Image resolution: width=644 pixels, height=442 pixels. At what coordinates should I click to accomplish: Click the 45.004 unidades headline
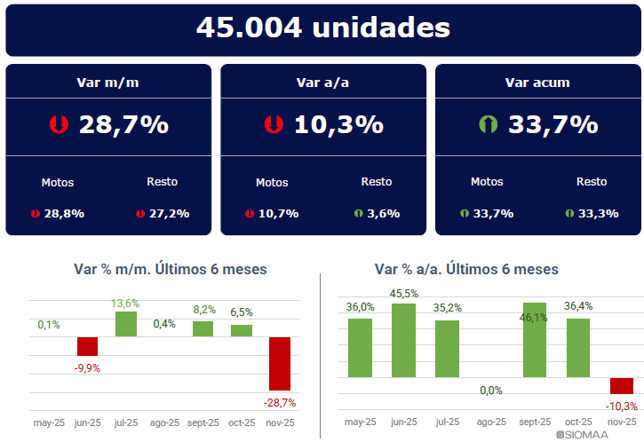[x=322, y=28]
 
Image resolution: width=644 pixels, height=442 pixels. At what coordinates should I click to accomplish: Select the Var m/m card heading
[x=108, y=83]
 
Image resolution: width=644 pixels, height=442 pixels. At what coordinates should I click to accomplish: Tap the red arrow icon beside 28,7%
[x=60, y=125]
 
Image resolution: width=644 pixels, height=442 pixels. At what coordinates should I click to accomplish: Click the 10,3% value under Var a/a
[x=338, y=125]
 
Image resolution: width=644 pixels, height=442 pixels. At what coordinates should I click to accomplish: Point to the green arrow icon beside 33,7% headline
[x=488, y=125]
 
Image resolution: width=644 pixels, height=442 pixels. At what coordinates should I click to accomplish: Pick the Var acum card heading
[x=537, y=83]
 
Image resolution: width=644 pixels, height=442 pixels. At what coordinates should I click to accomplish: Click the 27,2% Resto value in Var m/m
[x=168, y=213]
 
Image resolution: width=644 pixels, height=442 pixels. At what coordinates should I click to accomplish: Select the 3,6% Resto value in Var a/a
[x=383, y=213]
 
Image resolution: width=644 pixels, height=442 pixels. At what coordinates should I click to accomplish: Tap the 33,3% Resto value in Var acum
[x=597, y=213]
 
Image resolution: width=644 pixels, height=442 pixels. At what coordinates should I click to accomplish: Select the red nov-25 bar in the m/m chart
[x=280, y=363]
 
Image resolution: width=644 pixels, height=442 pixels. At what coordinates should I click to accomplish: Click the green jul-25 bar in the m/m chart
[x=126, y=324]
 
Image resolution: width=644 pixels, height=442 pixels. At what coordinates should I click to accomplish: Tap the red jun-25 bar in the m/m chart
[x=87, y=346]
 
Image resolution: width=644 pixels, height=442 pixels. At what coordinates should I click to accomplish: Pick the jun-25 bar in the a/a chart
[x=404, y=340]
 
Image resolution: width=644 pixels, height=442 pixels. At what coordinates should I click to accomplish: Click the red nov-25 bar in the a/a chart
[x=622, y=385]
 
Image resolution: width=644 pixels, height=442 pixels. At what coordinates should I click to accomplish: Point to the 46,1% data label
[x=535, y=318]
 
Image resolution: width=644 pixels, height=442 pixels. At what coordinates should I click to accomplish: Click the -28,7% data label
[x=280, y=402]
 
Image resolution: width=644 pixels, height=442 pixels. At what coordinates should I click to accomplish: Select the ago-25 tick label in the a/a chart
[x=491, y=422]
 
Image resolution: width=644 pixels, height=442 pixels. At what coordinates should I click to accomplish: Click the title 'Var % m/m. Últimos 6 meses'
[x=170, y=269]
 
